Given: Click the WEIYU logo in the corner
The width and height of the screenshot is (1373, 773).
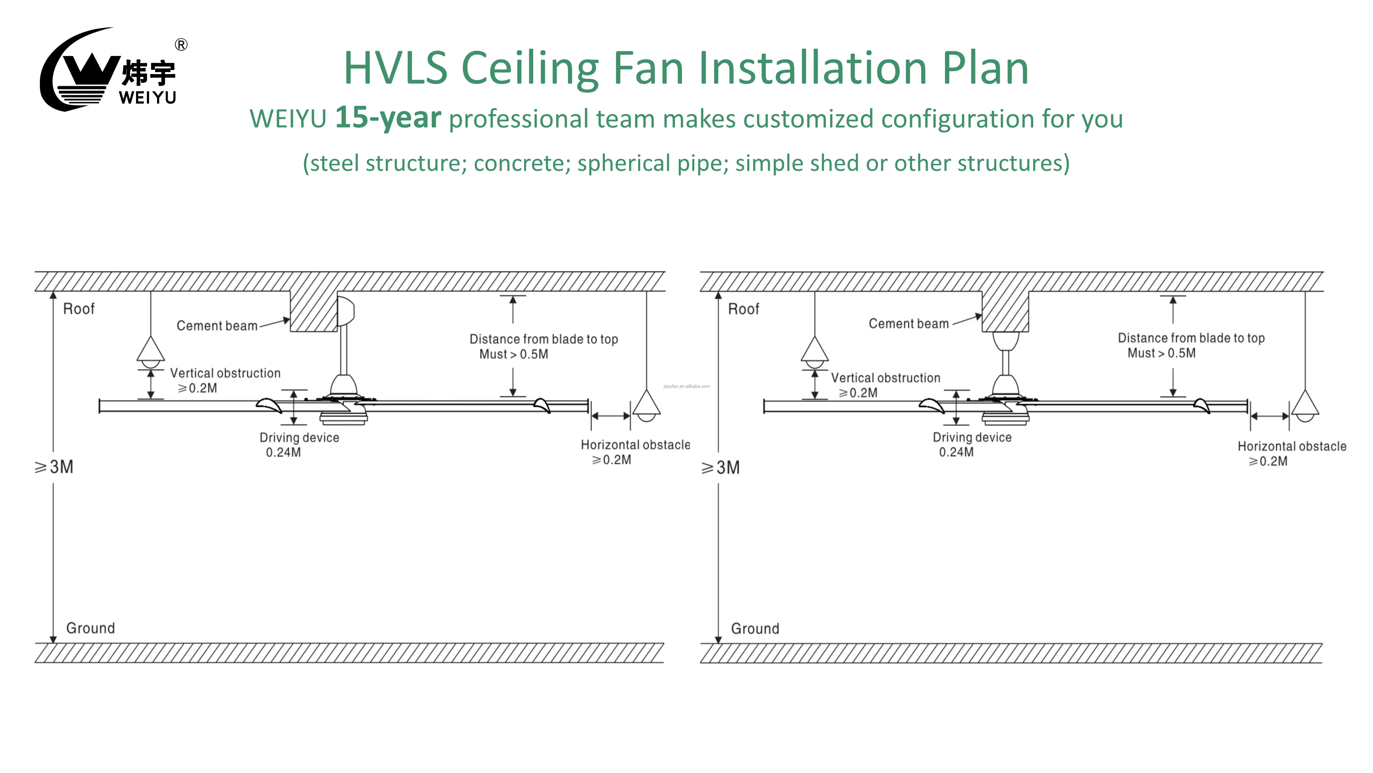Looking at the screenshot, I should pos(109,71).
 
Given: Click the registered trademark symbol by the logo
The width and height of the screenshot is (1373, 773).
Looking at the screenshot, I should pos(181,45).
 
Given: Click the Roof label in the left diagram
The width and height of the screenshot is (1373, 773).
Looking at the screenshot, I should pos(79,309).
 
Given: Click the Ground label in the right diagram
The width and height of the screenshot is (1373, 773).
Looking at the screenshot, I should pos(755,628).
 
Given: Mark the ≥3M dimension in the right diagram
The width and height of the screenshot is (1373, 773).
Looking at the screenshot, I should pos(721,468).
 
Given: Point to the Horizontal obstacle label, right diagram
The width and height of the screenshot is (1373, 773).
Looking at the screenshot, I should pos(1291,453).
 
